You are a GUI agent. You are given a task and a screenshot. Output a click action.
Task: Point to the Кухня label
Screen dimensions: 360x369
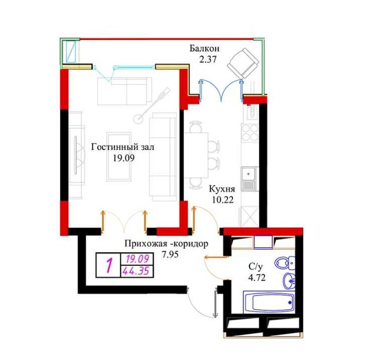pos(222,190)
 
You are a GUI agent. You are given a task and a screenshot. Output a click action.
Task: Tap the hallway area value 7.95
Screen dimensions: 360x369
pos(171,254)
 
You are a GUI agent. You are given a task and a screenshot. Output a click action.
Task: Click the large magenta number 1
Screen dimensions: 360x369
pos(109,265)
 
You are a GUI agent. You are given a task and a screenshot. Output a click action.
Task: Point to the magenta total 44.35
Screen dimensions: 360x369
pos(137,270)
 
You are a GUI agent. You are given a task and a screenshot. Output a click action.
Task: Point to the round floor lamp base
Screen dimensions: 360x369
pos(139,118)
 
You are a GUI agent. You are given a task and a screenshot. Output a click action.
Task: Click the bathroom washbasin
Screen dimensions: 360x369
pos(289,281)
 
